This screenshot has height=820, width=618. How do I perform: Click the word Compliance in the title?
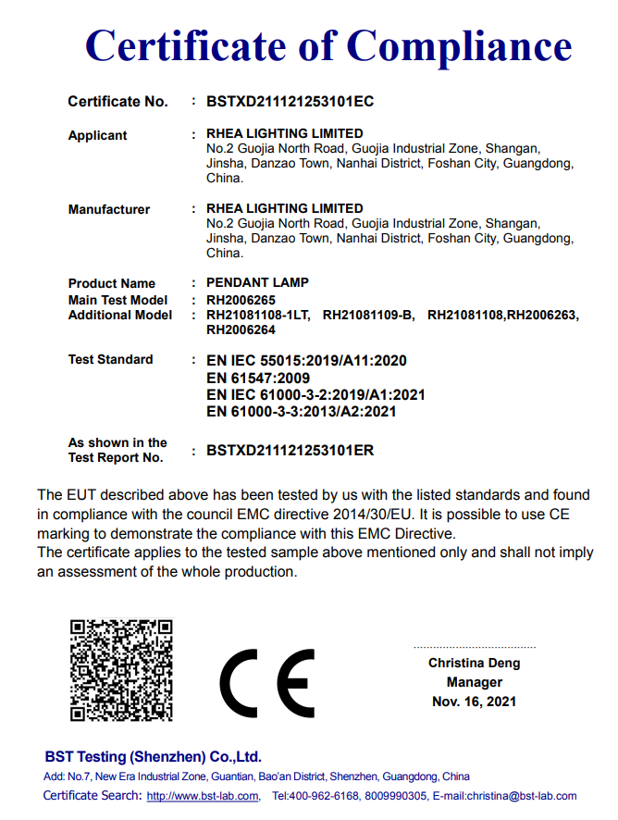point(459,45)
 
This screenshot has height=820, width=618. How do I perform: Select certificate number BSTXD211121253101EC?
point(290,101)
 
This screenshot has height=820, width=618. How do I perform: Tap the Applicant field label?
point(97,135)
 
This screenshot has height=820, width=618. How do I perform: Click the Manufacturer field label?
point(108,209)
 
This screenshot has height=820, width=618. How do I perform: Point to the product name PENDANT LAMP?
point(257,282)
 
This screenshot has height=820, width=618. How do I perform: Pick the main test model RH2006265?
point(241,300)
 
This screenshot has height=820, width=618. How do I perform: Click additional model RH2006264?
point(241,329)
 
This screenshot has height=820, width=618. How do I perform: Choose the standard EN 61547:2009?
point(258,378)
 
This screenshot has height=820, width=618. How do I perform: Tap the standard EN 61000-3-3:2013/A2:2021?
point(302,411)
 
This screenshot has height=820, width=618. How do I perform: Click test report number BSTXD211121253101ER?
point(290,451)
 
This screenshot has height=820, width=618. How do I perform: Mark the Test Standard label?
point(110,359)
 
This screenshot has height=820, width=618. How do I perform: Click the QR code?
point(121,670)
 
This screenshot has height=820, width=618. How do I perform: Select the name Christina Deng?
point(474,663)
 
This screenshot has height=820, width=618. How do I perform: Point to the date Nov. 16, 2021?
point(474,702)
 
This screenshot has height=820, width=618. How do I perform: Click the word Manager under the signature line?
point(474,682)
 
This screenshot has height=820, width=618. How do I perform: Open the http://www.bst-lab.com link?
point(203,796)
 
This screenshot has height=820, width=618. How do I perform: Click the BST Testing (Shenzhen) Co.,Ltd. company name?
point(153,756)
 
